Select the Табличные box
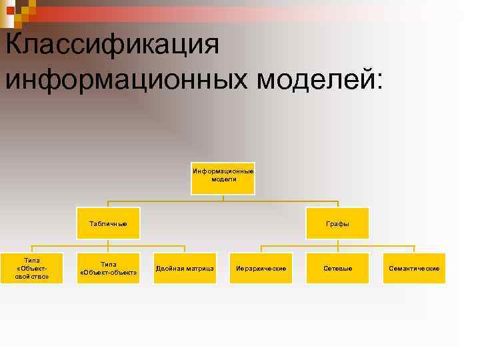tap(108, 224)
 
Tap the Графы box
tap(337, 224)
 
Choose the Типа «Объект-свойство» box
tap(32, 268)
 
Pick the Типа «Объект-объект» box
tap(108, 268)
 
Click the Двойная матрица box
tap(185, 268)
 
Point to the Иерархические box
tap(261, 268)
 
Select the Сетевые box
tap(337, 268)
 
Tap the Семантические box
tap(414, 268)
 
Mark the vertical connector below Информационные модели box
tap(223, 198)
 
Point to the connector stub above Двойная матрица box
tap(185, 249)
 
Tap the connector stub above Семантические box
tap(414, 249)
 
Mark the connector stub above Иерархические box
tap(261, 249)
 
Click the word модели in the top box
tap(223, 179)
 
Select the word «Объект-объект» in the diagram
tap(108, 273)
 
